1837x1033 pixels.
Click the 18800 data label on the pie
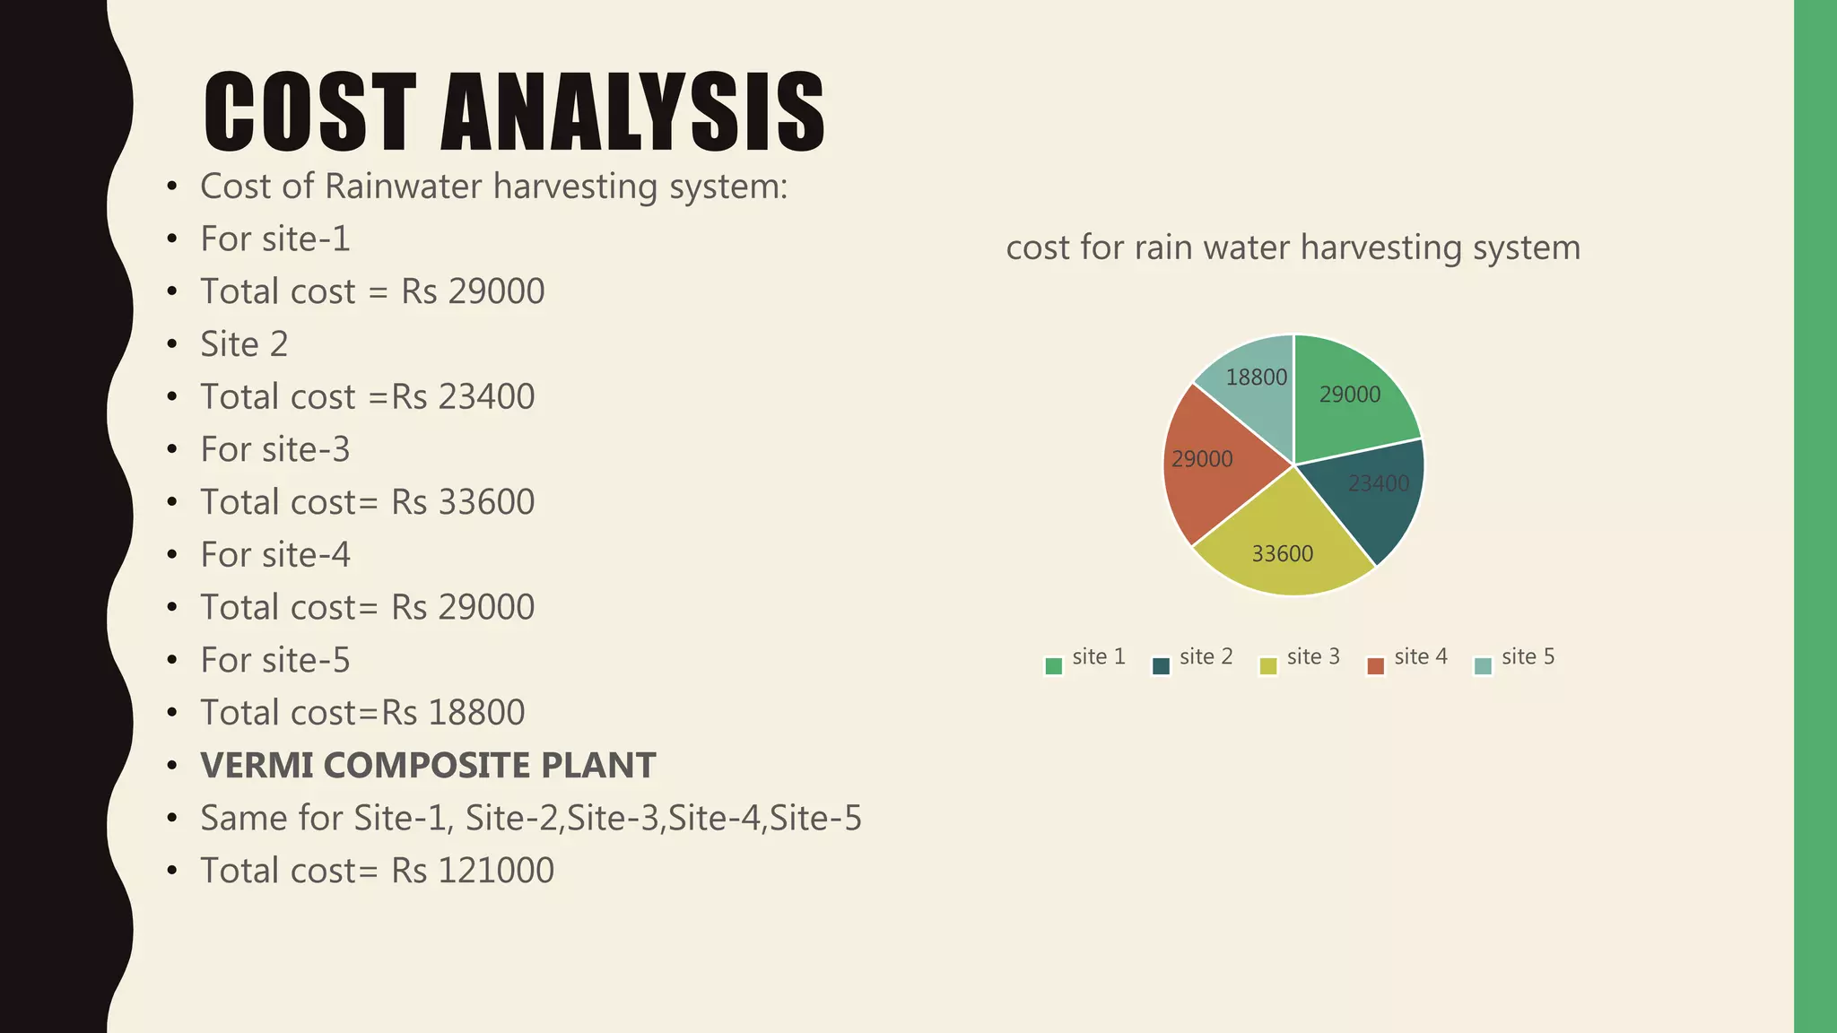tap(1256, 378)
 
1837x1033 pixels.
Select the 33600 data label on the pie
tap(1283, 554)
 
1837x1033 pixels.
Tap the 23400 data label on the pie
tap(1379, 484)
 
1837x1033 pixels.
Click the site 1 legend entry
tap(1086, 658)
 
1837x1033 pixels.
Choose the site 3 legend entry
tap(1301, 658)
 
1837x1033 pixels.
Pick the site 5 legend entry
tap(1516, 658)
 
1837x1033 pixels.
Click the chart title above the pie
tap(1293, 247)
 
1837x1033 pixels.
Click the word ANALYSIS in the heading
tap(632, 112)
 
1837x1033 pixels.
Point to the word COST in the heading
tap(309, 112)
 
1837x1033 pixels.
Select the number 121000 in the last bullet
tap(495, 871)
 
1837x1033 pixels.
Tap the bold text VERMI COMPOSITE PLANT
tap(428, 766)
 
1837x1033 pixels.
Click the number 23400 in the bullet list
tap(486, 397)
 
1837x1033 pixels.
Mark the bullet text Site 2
tap(244, 344)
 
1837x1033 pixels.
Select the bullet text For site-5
tap(274, 661)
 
